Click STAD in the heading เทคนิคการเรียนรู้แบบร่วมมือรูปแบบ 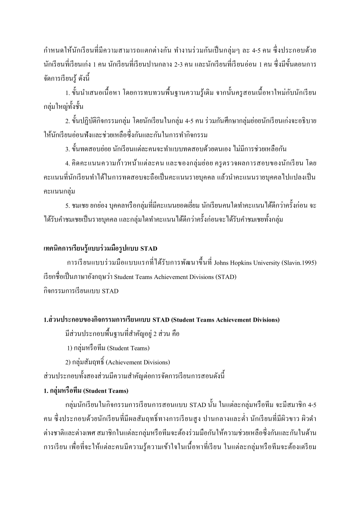coord(149,248)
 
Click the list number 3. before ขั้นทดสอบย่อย coord(67,149)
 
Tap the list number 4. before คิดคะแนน coord(67,163)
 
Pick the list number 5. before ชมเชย coord(67,205)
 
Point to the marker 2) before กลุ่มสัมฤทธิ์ coord(68,362)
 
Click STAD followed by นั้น coord(198,405)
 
